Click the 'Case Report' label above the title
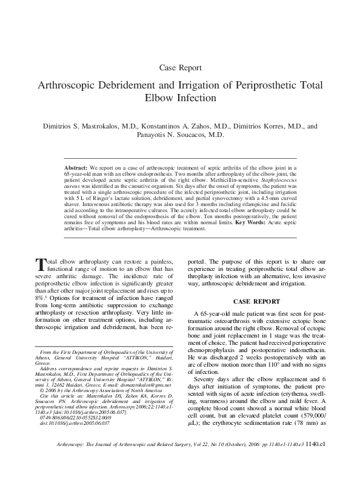179,68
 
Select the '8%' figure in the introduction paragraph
39,299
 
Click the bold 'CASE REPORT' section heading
258,301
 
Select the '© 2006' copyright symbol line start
46,391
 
